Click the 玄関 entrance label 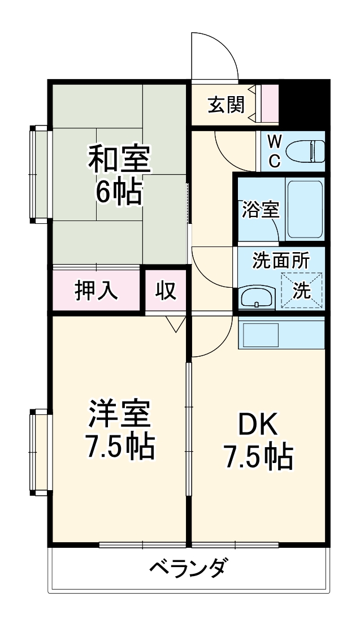(226, 105)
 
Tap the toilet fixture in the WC (305, 152)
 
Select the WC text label (274, 151)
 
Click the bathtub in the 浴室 (305, 209)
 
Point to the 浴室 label (261, 210)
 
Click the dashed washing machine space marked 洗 (301, 291)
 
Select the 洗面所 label (280, 261)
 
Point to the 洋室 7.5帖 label (119, 431)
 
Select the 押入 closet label (97, 290)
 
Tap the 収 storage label (166, 291)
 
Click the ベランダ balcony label (189, 566)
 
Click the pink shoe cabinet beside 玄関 (270, 104)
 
